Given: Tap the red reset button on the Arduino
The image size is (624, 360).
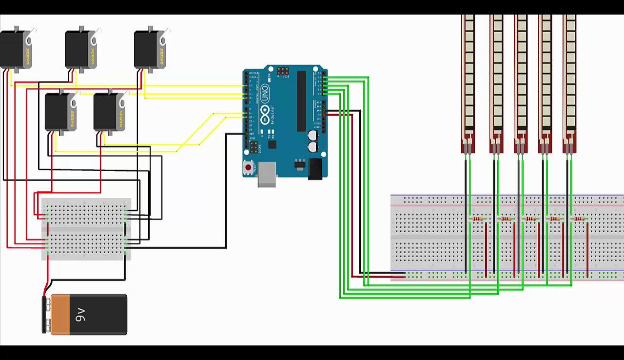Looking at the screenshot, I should coord(249,168).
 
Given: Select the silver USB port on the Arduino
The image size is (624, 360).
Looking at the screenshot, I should coord(267,175).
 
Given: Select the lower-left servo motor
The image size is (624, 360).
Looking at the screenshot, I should coord(60,112).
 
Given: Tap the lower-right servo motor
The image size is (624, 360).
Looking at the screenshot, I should coord(108,112).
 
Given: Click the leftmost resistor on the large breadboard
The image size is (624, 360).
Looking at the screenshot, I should coord(478,219).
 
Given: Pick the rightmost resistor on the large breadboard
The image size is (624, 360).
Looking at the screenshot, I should coord(579,219).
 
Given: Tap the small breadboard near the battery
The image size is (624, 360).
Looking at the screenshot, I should coord(86,229).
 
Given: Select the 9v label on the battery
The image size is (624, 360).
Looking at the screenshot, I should coord(80,315).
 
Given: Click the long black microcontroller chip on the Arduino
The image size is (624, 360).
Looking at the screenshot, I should coord(301,100).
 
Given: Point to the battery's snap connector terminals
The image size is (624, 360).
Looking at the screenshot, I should coord(47,314).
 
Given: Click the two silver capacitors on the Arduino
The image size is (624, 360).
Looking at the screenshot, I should coord(312,141).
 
